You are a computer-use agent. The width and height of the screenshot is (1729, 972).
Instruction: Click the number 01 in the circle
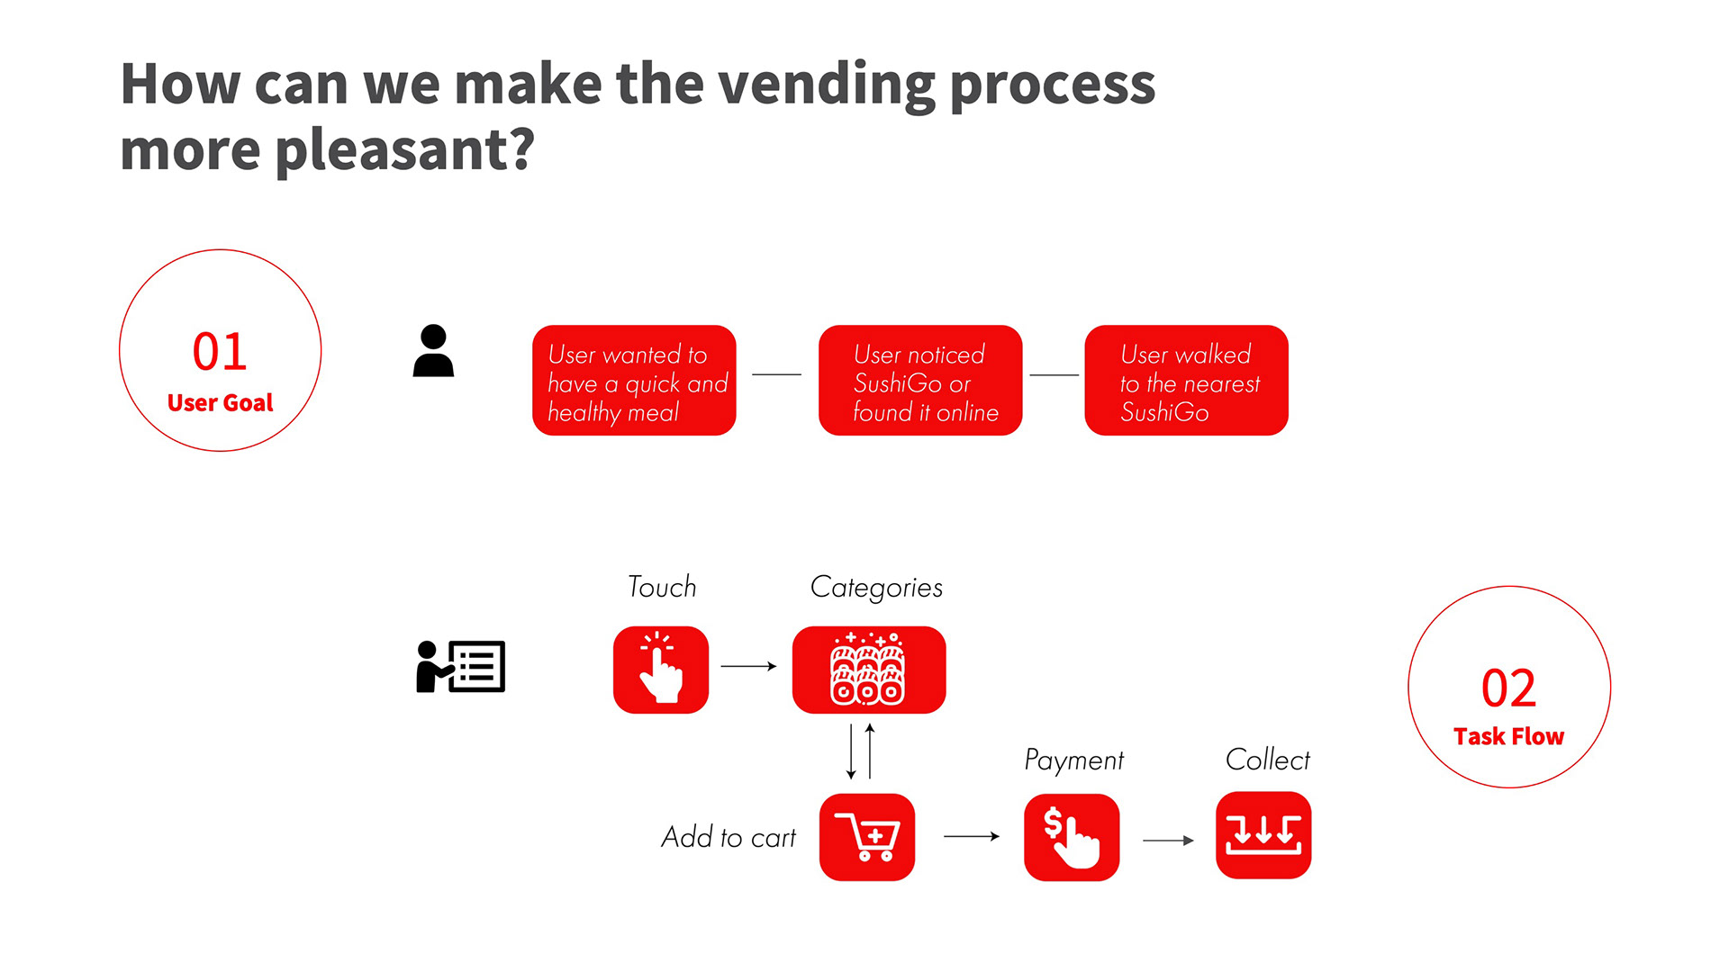pos(220,351)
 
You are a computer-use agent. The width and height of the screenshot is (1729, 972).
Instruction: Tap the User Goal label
pos(220,402)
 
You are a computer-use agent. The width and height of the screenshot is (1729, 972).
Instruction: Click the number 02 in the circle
pos(1509,688)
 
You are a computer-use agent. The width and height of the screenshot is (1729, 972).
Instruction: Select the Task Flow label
pos(1509,736)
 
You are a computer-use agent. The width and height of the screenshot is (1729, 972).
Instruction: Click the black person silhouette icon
pos(433,350)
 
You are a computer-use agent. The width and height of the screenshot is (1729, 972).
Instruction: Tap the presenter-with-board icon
pos(460,666)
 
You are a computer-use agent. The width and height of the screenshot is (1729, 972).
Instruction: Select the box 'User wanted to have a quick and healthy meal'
pos(634,381)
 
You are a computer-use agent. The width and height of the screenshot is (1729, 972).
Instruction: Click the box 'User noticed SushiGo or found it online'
pos(920,381)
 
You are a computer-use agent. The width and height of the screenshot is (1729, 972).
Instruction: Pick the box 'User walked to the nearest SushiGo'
pos(1187,381)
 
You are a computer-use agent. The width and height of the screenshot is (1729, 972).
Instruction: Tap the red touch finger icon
pos(661,670)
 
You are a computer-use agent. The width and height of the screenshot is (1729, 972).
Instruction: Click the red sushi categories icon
pos(869,670)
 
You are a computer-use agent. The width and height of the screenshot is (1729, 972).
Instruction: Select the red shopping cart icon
pos(867,837)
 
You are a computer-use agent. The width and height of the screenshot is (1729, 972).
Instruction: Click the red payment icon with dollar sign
pos(1072,837)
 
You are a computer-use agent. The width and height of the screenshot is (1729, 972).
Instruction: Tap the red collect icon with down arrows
pos(1263,835)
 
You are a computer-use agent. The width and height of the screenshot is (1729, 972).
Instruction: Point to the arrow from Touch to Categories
pos(749,666)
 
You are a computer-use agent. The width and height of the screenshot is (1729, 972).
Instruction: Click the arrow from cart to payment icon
pos(972,836)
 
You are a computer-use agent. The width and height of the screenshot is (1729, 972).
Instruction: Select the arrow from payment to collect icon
pos(1169,841)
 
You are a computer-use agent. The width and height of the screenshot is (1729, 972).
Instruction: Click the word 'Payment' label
pos(1074,760)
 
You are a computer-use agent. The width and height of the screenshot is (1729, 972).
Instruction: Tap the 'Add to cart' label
pos(729,837)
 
